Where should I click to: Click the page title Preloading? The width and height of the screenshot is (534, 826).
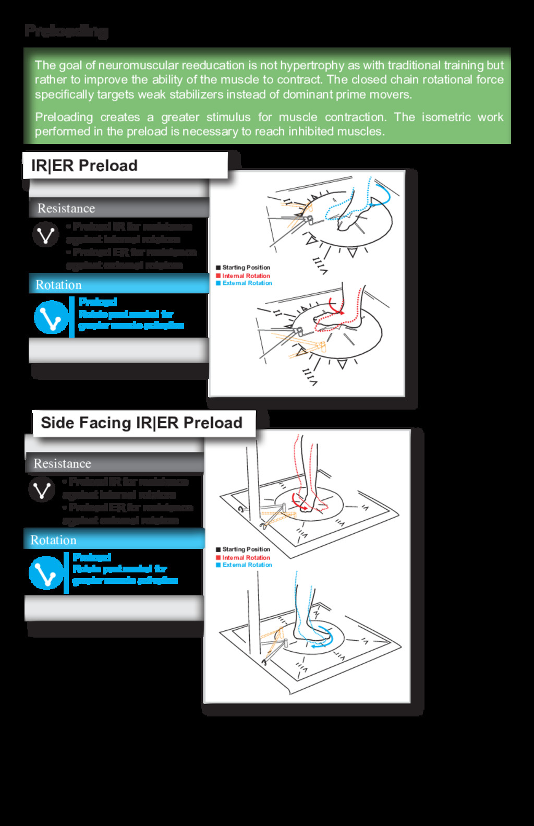point(66,31)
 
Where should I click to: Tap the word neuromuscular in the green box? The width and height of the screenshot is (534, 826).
point(138,65)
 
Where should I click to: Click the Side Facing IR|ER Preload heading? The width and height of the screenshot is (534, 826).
point(141,423)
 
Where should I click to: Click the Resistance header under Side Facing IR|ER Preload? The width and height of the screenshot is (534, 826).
point(62,463)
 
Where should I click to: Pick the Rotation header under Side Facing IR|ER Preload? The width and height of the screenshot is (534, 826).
point(53,540)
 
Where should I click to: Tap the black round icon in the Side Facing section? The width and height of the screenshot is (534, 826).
point(42,489)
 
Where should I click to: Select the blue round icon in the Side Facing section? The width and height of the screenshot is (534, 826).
point(46,573)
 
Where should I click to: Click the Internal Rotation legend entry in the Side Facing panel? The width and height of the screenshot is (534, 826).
point(246,557)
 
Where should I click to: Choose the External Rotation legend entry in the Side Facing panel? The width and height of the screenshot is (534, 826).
point(247,565)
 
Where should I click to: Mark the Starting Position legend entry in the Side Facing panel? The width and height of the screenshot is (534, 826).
point(246,549)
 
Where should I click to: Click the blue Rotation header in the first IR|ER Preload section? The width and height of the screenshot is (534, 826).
point(58,285)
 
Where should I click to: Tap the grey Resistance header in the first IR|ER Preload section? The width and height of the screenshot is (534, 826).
point(66,208)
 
